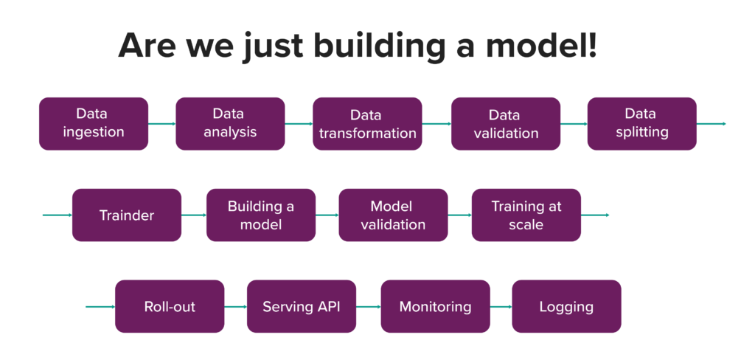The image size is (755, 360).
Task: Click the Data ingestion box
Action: pos(94,124)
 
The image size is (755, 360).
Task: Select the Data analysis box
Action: pos(230,124)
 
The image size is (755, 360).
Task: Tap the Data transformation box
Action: pos(367,124)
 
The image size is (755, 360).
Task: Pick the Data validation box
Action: pos(506,124)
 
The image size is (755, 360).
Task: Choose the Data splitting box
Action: pos(642,124)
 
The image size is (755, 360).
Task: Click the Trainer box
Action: pos(127,215)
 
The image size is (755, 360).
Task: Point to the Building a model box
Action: pos(261,215)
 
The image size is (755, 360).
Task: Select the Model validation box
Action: pos(394,215)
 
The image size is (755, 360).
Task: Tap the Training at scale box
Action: pos(526,215)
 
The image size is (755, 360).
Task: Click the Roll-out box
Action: pos(170,306)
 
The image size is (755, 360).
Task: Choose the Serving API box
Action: pos(302,306)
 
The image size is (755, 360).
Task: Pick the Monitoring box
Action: pos(435,306)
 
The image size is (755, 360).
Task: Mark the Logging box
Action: pos(566,306)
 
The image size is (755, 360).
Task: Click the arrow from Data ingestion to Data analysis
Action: pos(161,124)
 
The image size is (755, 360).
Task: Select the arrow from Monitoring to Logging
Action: pos(501,306)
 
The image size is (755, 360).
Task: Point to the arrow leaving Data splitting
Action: pos(711,124)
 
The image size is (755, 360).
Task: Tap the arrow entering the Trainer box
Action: pos(58,215)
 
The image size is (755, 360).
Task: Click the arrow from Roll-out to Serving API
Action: pos(235,306)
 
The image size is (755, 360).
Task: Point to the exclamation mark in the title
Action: pos(592,44)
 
